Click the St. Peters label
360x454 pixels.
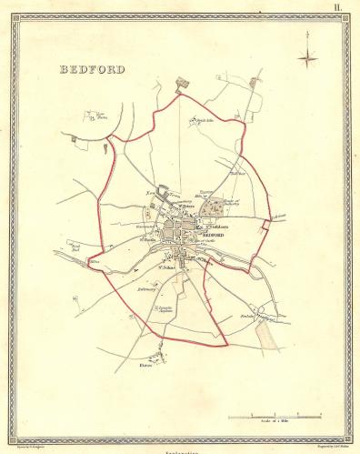[188, 206]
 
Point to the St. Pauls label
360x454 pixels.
[151, 240]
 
